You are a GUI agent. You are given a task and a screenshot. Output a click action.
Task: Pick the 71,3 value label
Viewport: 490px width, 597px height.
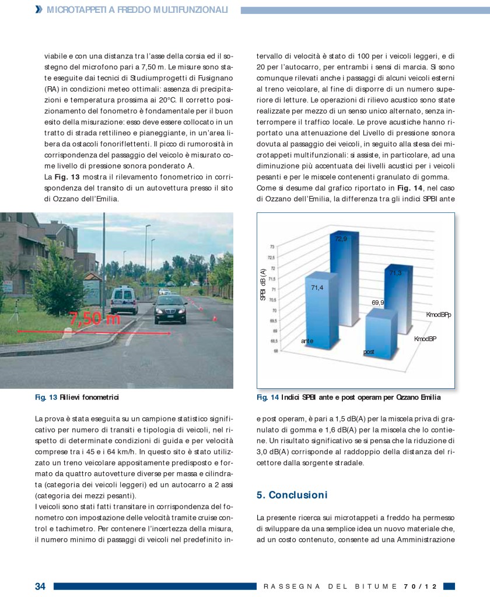coord(395,273)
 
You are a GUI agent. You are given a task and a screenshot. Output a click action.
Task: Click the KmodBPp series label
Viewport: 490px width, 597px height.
coord(439,315)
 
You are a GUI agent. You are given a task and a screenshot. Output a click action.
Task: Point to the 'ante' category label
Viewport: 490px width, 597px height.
coord(307,340)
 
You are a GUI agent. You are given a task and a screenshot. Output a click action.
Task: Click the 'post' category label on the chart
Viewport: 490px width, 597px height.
coord(369,352)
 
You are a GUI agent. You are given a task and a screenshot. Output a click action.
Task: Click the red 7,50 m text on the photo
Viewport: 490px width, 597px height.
coord(95,319)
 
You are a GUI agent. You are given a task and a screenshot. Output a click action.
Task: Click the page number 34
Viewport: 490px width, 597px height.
coord(40,587)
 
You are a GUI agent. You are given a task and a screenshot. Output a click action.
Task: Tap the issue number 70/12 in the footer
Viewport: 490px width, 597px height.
coord(421,587)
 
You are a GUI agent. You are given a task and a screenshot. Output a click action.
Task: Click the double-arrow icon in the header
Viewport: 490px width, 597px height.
coord(38,9)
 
